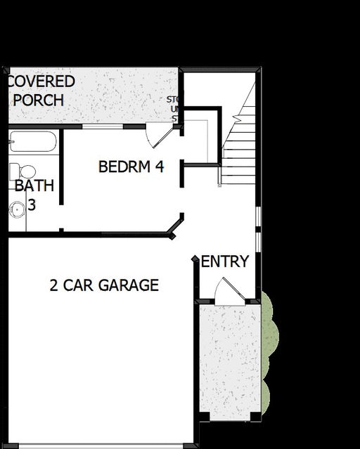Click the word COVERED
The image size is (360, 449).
coord(41,82)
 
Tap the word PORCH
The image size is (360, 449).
coord(39,100)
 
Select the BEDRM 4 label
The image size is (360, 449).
coord(131,167)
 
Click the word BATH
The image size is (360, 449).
coord(29,186)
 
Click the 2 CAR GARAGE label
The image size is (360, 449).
coord(104,285)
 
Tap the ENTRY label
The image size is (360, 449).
coord(225,262)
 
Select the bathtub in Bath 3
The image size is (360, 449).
coord(32,141)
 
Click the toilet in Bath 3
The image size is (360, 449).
coord(23,171)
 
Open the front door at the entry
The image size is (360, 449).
coord(227,291)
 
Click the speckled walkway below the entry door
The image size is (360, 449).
coord(229,358)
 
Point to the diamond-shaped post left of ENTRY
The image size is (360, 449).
coord(195,259)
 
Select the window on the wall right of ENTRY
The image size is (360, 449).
coord(258,228)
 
